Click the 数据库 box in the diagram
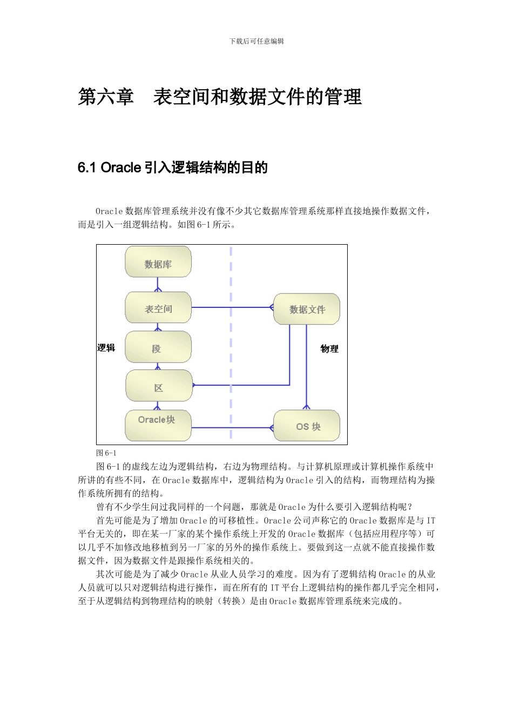(x=158, y=263)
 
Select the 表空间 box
(x=158, y=308)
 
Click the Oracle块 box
(x=158, y=425)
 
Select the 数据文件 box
(x=307, y=309)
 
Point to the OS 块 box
(x=307, y=426)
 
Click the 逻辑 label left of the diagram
(x=106, y=347)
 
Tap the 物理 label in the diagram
(x=329, y=348)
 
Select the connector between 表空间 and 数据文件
(x=232, y=308)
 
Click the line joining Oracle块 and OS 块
(x=232, y=428)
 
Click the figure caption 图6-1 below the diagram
(x=106, y=453)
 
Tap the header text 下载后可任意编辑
(x=256, y=41)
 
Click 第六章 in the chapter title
(x=106, y=97)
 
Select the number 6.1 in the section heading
(x=87, y=168)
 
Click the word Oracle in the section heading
(x=121, y=168)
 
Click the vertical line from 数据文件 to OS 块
(x=307, y=367)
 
